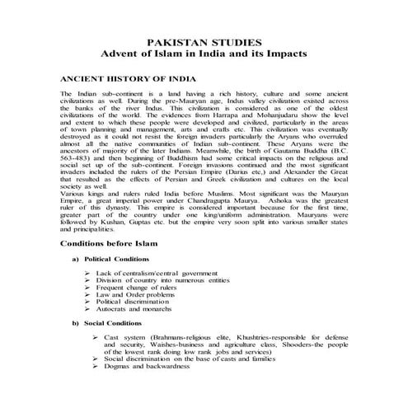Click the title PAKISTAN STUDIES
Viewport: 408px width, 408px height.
pos(203,41)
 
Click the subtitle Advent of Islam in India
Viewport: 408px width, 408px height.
pos(203,54)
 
